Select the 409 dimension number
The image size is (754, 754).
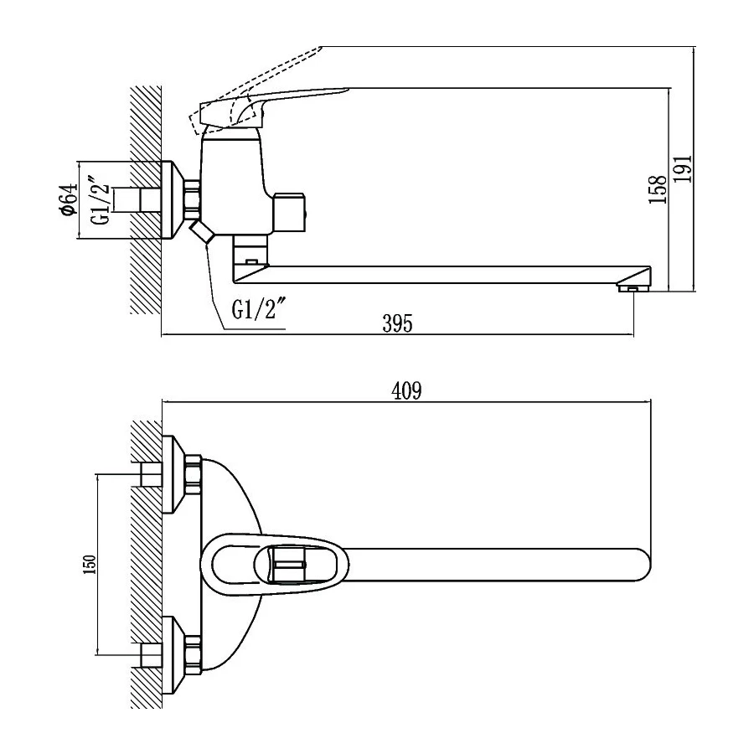405,390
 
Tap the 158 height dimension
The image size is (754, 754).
658,189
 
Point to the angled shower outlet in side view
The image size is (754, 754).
202,232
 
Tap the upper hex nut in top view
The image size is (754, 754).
192,475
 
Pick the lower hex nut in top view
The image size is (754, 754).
192,652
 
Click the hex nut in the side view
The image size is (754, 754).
192,201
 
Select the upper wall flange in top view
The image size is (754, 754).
172,475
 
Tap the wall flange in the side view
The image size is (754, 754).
171,201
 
